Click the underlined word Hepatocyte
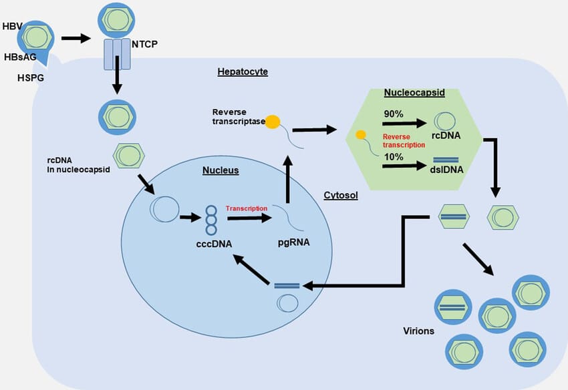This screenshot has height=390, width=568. tap(243, 71)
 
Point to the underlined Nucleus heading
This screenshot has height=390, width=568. tap(221, 171)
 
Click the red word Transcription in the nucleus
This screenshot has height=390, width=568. tap(247, 208)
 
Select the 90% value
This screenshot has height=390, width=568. tap(394, 114)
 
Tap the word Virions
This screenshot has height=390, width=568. tap(419, 331)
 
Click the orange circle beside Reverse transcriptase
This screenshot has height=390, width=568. tap(273, 122)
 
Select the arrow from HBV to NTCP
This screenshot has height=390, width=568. tap(75, 38)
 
